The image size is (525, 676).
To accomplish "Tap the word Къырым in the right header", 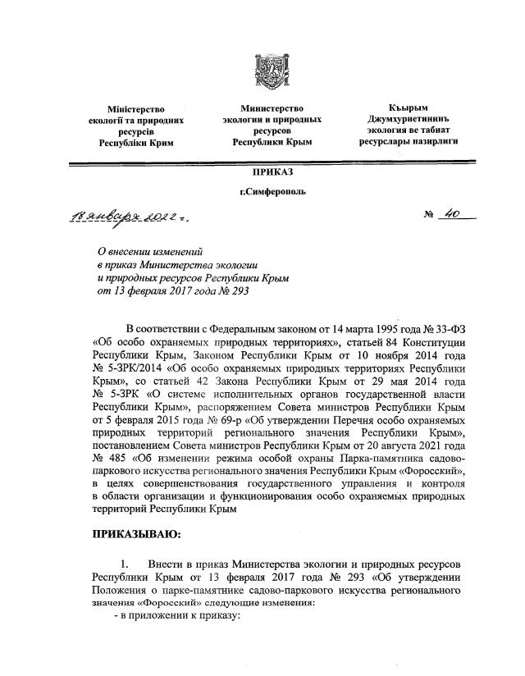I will click(408, 108).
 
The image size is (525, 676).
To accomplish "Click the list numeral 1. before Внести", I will click(125, 565).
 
